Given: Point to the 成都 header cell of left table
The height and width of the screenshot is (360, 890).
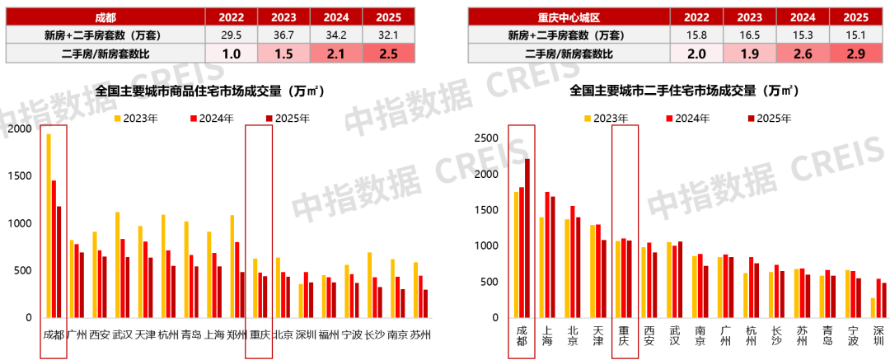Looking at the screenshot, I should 105,16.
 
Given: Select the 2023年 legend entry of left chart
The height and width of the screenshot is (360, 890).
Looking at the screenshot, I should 136,119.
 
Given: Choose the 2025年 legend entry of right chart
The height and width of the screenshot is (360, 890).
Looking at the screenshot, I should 770,119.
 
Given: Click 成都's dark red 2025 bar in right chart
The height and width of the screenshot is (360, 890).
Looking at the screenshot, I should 527,240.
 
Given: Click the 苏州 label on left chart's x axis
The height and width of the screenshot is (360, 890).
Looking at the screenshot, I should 420,335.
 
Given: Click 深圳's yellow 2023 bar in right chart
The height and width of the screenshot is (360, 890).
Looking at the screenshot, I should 849,310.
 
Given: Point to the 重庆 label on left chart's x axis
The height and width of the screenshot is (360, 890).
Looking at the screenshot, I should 260,335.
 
